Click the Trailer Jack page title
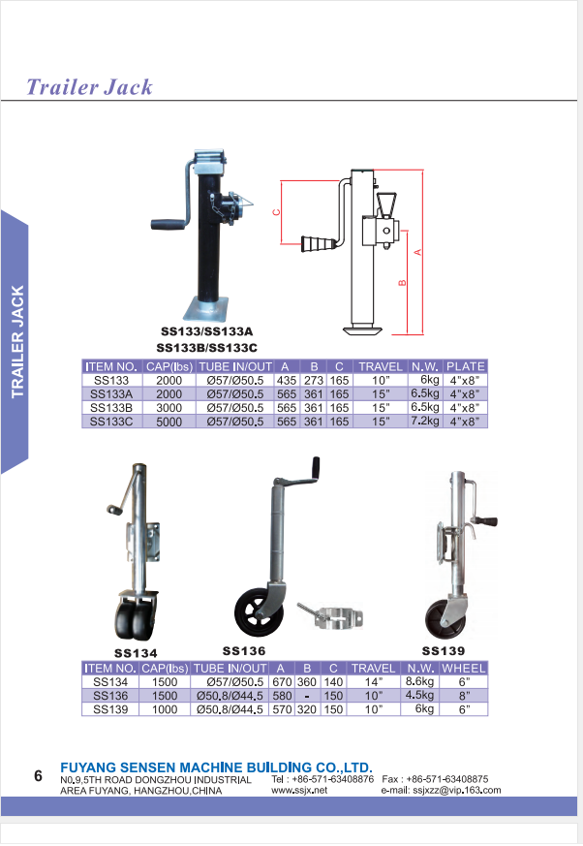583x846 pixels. coord(89,87)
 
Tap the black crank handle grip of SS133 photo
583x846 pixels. coord(167,223)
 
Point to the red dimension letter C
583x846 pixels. coord(276,212)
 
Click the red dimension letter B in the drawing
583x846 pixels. coord(402,283)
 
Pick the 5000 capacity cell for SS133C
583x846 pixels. coord(169,422)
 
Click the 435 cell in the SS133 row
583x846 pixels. coord(287,381)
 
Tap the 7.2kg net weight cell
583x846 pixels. coord(425,422)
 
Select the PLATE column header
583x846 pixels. coord(466,366)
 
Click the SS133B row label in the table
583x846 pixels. coord(111,408)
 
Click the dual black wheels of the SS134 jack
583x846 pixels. coord(135,619)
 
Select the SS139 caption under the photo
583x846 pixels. coord(443,651)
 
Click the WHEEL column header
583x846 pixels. coord(463,669)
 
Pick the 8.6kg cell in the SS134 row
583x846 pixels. coord(419,681)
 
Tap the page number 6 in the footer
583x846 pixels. coord(38,776)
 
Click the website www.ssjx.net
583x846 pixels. coord(299,791)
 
